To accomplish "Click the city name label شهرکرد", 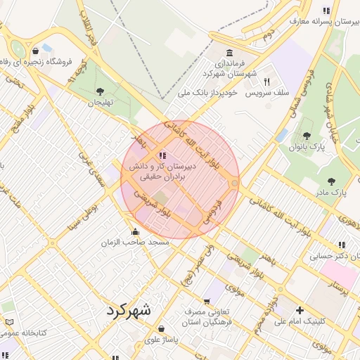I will coord(129,309).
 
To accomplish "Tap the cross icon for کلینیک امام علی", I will coord(300,310).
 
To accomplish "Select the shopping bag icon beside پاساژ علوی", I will coord(162,328).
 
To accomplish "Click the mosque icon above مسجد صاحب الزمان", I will coord(135,232).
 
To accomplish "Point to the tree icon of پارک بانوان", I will coord(306,136).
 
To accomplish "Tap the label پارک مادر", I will coord(330,191).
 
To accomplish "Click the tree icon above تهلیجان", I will coord(100,91).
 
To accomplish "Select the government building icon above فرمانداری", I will coord(229,53).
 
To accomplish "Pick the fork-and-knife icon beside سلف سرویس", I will coord(266,82).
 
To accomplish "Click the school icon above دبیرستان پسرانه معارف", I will coord(326,11).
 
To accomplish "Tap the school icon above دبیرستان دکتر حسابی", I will coord(342,245).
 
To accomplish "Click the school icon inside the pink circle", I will coord(162,155).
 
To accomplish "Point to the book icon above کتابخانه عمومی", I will coord(9,322).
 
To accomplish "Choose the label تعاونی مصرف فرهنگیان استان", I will coord(214,317).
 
